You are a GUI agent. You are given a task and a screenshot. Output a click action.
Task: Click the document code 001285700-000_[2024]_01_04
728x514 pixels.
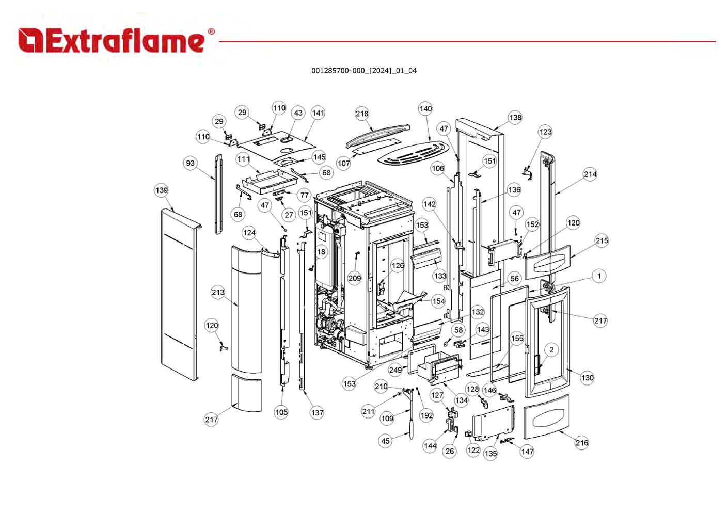363,71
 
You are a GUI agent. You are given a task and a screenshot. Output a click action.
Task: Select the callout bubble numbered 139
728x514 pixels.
161,190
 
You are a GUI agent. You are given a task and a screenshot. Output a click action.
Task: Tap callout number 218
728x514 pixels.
362,114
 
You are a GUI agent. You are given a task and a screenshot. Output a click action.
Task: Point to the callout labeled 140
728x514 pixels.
425,109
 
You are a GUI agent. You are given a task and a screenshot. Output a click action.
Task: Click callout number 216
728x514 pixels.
581,443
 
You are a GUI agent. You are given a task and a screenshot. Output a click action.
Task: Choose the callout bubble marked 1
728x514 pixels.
599,276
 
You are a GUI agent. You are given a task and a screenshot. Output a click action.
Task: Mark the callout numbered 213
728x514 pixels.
218,293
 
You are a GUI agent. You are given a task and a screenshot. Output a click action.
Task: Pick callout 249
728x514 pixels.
395,370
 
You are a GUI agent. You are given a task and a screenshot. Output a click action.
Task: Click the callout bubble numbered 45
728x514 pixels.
385,441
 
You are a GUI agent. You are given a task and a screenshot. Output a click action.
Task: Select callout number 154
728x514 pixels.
438,301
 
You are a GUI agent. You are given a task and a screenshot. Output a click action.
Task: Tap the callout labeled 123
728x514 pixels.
545,132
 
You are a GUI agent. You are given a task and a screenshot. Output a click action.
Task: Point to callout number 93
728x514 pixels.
191,164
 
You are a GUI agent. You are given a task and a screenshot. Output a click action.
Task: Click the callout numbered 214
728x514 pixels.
590,174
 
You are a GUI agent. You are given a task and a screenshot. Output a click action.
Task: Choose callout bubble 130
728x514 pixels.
588,378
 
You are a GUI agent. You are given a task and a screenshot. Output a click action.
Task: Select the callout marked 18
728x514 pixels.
321,252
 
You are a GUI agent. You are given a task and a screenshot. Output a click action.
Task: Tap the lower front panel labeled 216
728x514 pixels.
546,417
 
